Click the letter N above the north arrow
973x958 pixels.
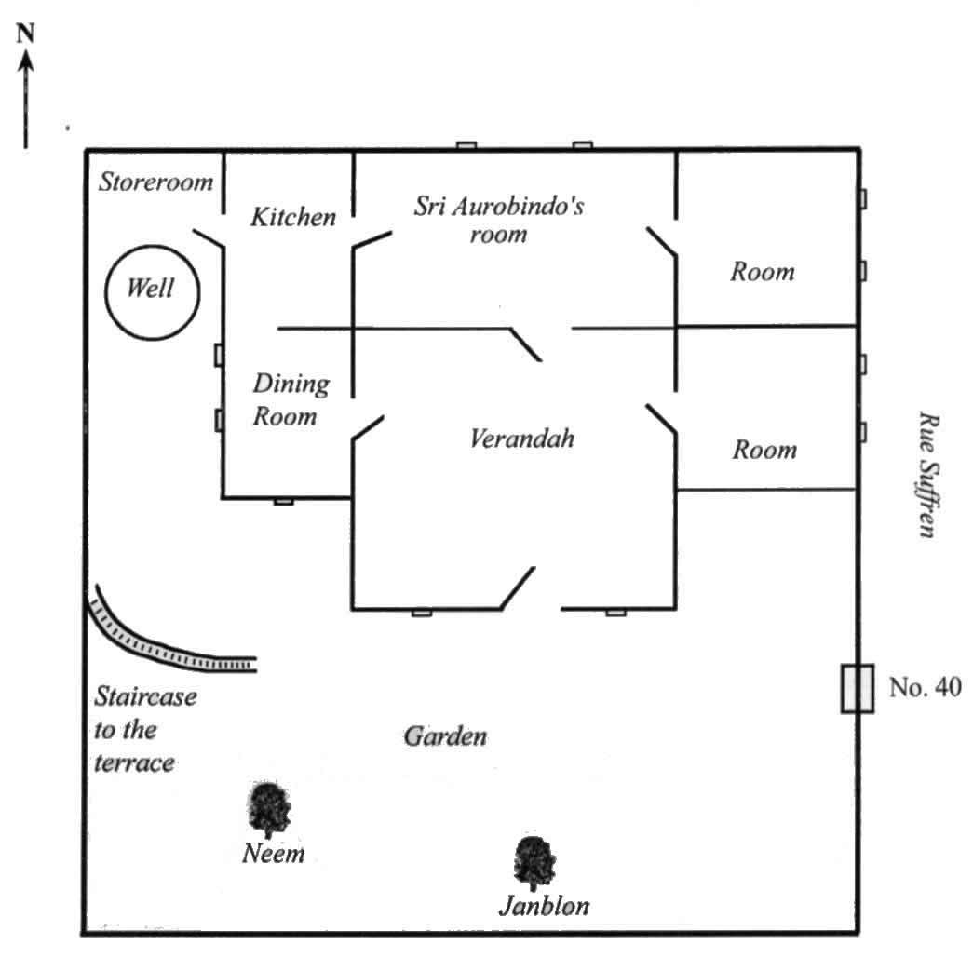point(26,35)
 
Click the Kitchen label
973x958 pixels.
point(293,218)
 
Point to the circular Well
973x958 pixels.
point(152,290)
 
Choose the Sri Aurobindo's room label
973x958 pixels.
point(499,219)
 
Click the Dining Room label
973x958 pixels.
point(291,399)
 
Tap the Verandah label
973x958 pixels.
point(520,437)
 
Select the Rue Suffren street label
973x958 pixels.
point(926,475)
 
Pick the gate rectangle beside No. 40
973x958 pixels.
point(857,689)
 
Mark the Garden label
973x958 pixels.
point(445,737)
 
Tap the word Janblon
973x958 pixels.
point(544,905)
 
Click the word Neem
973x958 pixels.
point(273,853)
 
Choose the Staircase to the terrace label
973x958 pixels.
point(144,730)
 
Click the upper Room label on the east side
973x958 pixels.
point(763,272)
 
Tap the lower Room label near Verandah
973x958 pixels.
point(764,451)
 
